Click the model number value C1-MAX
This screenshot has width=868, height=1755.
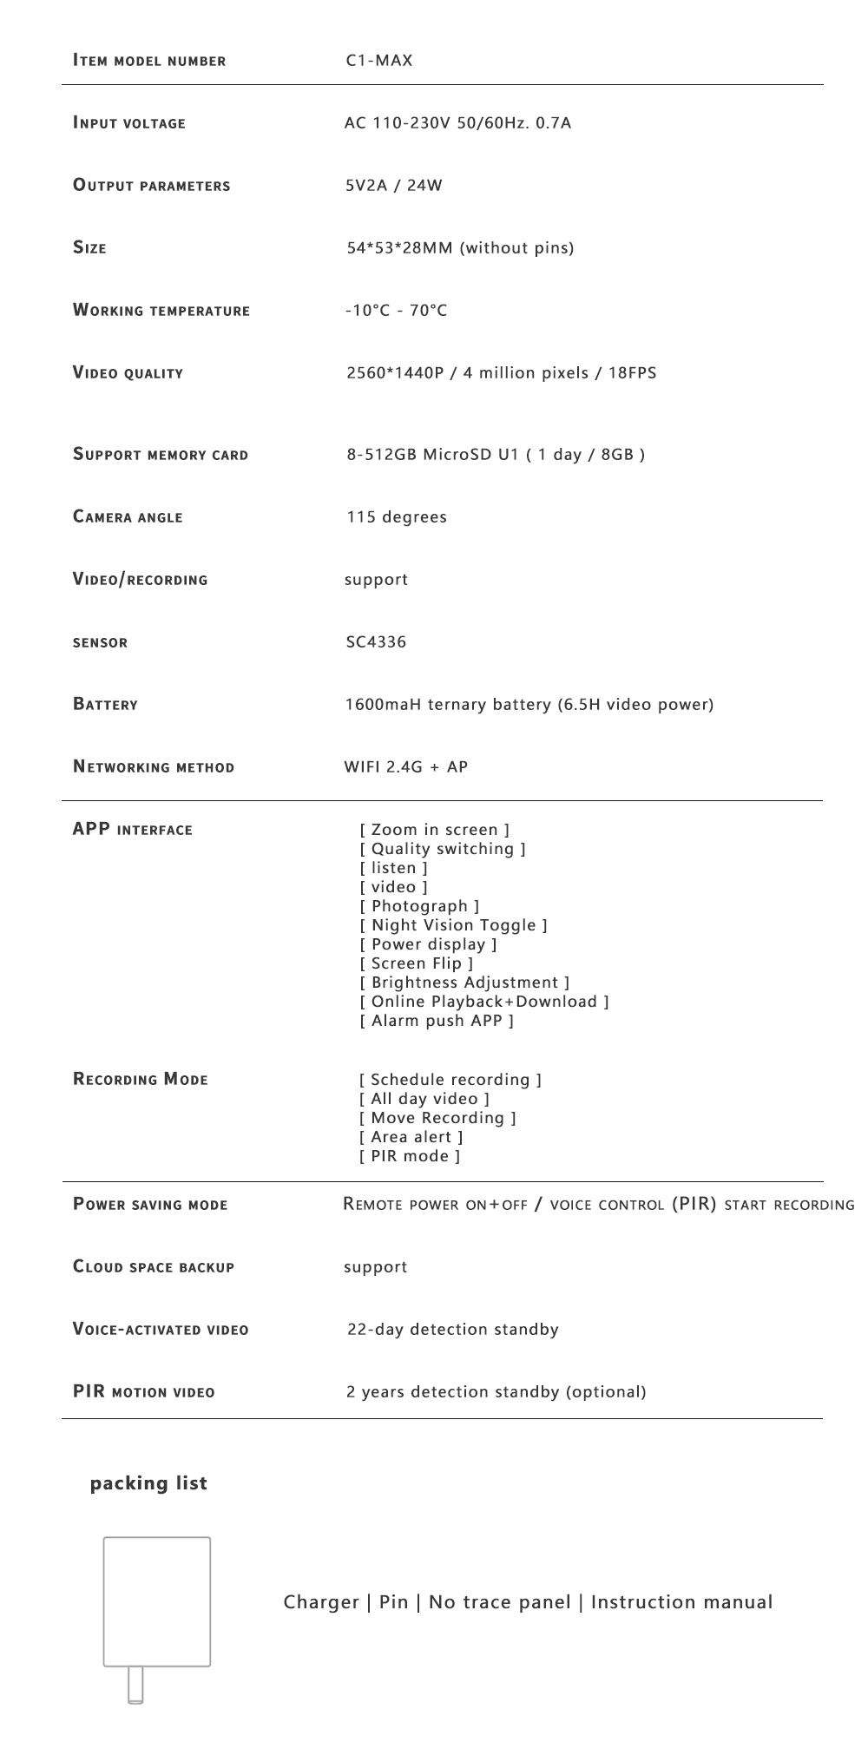tap(379, 61)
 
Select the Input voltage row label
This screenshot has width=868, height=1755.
tap(129, 123)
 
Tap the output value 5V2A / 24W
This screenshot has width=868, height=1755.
tap(394, 186)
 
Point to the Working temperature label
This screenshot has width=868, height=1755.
tap(161, 311)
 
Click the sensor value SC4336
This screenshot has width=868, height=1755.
tap(376, 642)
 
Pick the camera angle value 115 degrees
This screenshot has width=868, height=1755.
tap(397, 517)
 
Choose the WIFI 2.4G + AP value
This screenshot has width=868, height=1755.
tap(406, 767)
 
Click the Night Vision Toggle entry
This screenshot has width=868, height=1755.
tap(454, 925)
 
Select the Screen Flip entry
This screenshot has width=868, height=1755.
tap(417, 963)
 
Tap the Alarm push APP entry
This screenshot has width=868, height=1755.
tap(437, 1021)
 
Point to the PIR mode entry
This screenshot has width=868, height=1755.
tap(410, 1156)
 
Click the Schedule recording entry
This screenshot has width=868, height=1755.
tap(450, 1080)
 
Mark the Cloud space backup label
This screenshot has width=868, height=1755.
tap(154, 1267)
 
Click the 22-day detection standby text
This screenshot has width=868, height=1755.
tap(452, 1330)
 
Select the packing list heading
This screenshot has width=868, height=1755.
tap(148, 1483)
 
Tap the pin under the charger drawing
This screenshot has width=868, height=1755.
tap(135, 1686)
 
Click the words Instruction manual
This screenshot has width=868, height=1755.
tap(681, 1602)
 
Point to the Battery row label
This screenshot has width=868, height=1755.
tap(105, 705)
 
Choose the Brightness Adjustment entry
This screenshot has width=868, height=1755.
tap(464, 983)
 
